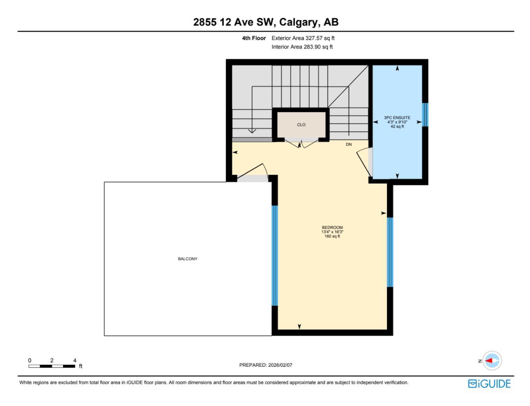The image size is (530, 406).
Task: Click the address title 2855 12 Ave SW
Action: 266,22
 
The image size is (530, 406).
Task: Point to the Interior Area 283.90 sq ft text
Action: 302,47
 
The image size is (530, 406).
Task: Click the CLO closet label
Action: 301,125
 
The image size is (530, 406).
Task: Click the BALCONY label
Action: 188,259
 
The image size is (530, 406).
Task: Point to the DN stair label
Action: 349,145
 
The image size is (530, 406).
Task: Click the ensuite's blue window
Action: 425,115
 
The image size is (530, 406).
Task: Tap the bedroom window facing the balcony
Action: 275,255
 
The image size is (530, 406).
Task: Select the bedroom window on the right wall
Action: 390,252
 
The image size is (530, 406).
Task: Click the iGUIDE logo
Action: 490,384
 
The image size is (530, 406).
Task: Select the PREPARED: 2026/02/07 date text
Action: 266,365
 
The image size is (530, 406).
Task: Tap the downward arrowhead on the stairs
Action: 251,131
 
